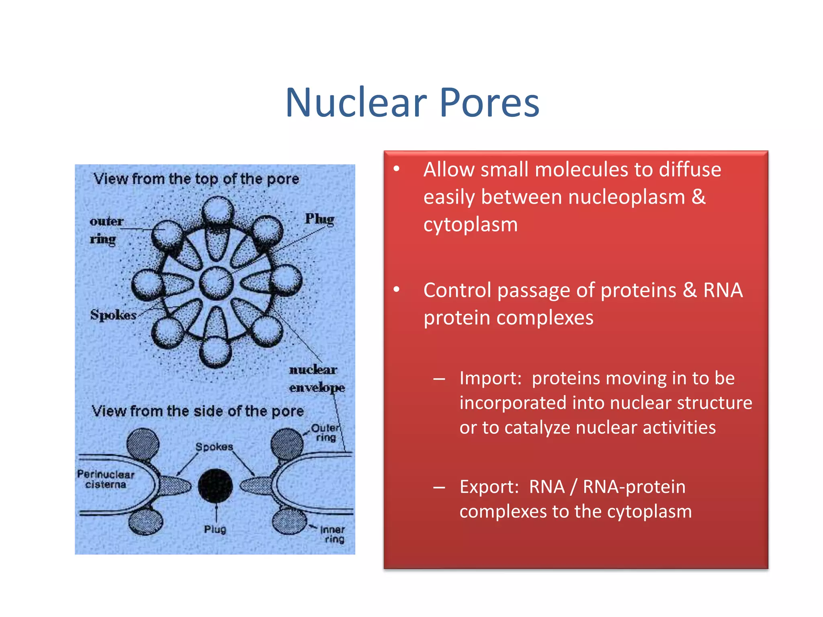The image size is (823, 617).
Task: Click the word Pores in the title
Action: [x=489, y=103]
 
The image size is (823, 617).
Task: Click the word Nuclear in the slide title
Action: [x=356, y=103]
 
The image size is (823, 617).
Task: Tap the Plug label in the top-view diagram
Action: [x=319, y=219]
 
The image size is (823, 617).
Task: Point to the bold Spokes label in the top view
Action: [x=113, y=315]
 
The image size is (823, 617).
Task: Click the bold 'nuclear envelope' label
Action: [x=316, y=378]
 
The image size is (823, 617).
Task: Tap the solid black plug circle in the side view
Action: [x=215, y=486]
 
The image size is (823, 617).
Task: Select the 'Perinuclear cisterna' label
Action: [x=106, y=479]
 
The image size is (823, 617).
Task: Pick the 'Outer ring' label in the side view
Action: [x=326, y=433]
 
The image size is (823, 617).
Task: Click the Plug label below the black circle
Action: [x=215, y=529]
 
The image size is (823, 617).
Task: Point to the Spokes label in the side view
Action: [x=214, y=447]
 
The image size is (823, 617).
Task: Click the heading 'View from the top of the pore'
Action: [x=196, y=179]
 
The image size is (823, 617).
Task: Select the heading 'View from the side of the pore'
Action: [x=197, y=411]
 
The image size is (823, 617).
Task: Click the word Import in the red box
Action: [x=490, y=378]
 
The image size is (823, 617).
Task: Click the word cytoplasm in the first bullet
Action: [x=471, y=224]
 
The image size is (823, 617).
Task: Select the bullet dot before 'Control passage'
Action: [x=397, y=289]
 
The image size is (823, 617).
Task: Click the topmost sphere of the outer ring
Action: [x=218, y=210]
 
